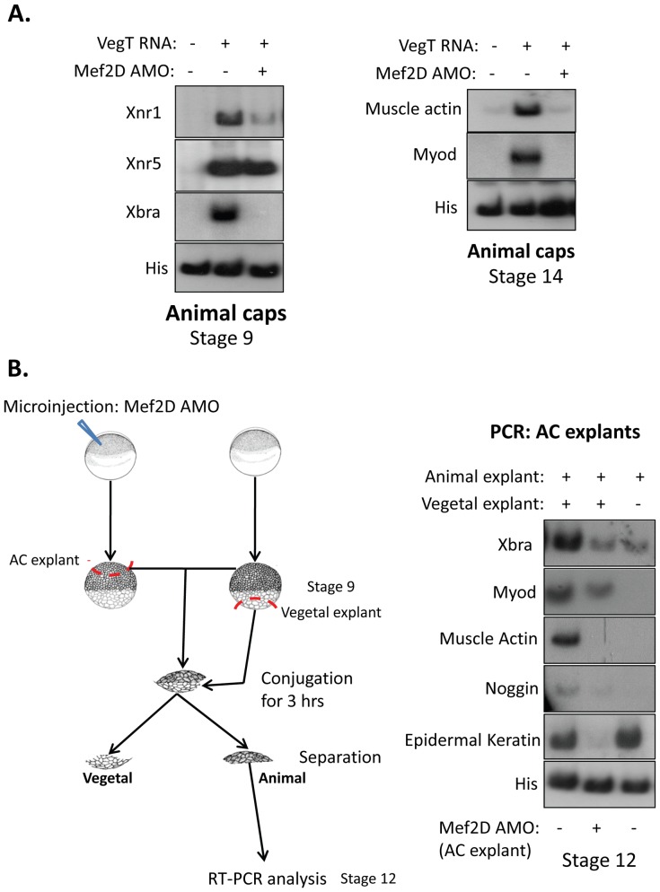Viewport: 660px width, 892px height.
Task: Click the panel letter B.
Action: click(x=19, y=368)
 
